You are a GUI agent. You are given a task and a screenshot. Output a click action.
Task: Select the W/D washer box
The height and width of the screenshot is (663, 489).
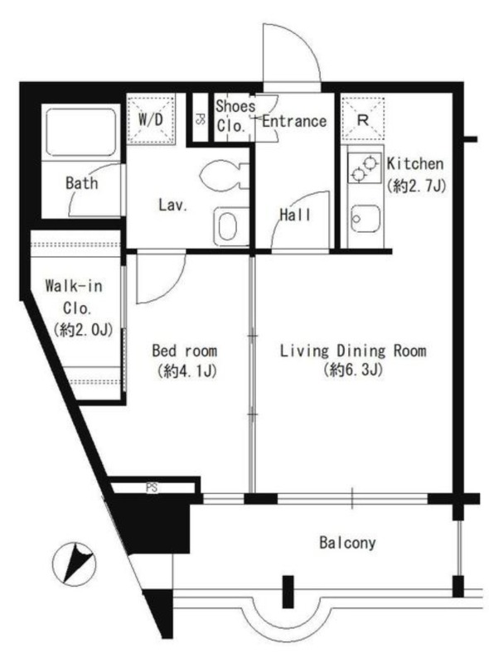click(x=151, y=119)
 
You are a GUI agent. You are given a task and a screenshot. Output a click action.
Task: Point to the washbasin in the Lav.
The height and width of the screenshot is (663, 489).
click(x=230, y=226)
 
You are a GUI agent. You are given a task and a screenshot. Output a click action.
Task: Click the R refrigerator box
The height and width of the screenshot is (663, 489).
click(x=363, y=119)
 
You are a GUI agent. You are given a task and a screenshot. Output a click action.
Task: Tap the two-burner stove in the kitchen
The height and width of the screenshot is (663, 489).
click(x=364, y=168)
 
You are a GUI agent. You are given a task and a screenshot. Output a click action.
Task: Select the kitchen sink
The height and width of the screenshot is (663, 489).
click(x=364, y=218)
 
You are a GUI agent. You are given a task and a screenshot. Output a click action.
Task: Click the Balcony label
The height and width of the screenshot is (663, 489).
click(x=347, y=543)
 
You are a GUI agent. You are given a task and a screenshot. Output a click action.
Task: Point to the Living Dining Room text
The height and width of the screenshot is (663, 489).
click(x=353, y=351)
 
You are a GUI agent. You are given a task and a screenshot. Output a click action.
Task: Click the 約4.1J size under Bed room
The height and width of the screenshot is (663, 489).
click(x=186, y=371)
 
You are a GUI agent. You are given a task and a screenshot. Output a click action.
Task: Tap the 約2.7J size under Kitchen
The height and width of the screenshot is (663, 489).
click(x=416, y=186)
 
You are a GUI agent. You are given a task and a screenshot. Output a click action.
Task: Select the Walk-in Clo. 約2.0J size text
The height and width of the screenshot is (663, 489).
click(x=84, y=330)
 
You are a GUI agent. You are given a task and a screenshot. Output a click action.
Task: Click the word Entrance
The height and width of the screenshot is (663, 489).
click(x=294, y=121)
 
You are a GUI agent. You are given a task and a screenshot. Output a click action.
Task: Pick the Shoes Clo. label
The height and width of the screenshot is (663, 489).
click(x=235, y=115)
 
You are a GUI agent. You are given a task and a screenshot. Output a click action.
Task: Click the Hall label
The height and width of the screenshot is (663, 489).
click(x=295, y=215)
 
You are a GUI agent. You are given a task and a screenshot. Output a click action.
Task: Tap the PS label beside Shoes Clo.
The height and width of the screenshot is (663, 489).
click(x=200, y=119)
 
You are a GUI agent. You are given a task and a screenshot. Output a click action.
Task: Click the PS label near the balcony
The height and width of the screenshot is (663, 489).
click(x=152, y=488)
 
